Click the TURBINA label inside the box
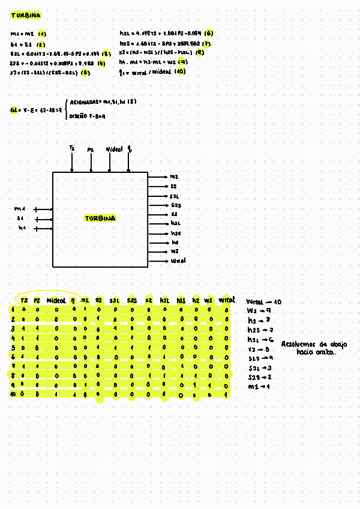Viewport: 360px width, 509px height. [x=100, y=218]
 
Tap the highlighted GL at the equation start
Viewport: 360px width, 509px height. [x=13, y=110]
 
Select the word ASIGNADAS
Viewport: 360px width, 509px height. [x=85, y=103]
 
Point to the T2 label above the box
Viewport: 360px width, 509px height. [x=71, y=148]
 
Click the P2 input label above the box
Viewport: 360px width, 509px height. [x=91, y=148]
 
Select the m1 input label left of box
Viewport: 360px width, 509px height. [x=19, y=209]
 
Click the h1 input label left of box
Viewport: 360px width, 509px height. [x=22, y=228]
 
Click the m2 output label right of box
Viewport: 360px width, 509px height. [x=174, y=177]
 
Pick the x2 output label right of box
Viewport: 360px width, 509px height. [x=174, y=214]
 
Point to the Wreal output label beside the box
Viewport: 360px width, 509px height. [x=178, y=261]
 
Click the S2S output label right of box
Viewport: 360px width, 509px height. [x=175, y=205]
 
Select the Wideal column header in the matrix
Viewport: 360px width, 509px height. [x=55, y=300]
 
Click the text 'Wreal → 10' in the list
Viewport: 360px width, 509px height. [x=264, y=302]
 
